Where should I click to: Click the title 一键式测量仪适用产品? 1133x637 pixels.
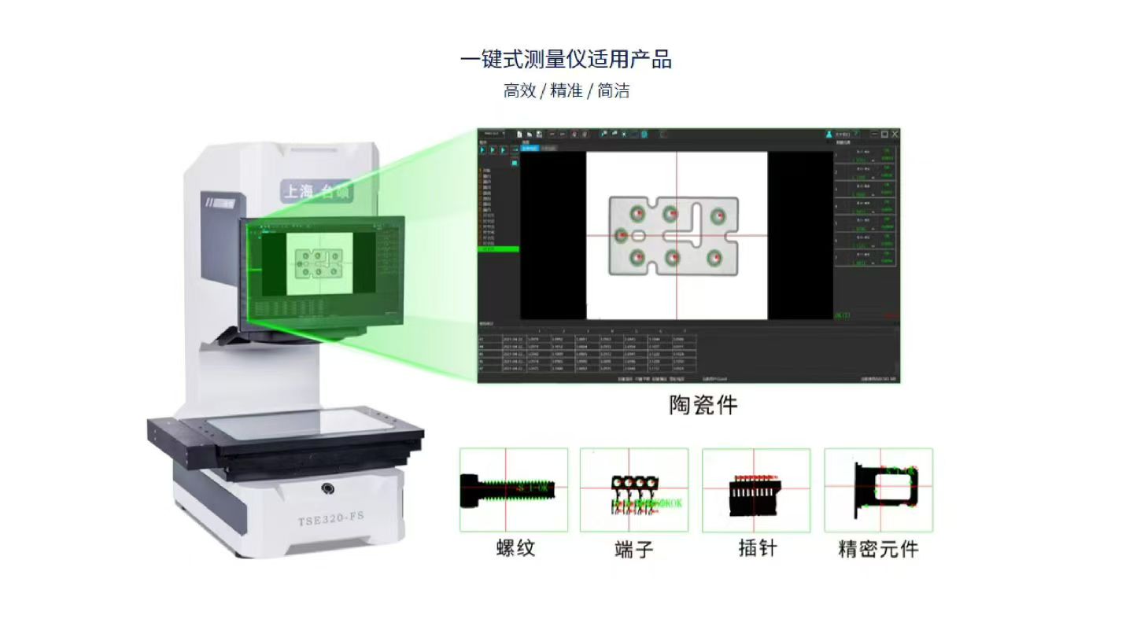566,60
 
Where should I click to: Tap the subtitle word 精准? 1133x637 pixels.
566,91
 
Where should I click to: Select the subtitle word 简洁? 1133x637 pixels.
613,91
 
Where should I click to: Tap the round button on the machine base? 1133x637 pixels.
328,489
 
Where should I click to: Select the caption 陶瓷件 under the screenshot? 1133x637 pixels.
703,405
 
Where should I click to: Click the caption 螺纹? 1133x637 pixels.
515,548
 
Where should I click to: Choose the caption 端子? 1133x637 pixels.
633,548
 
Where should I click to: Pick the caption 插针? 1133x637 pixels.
757,548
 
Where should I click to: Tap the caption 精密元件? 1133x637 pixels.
878,548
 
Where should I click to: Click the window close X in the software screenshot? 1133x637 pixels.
895,134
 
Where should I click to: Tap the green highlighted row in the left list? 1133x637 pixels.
499,249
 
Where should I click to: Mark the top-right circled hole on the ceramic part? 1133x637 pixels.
718,215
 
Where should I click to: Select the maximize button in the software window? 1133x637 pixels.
884,134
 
